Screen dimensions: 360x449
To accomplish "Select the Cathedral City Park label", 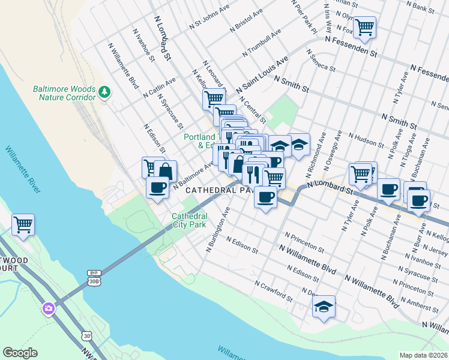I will [x=189, y=220].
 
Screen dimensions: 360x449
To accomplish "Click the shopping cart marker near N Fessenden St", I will [x=364, y=27].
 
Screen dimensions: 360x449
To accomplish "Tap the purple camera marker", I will [x=48, y=308].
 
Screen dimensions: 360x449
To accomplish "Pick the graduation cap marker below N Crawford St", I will [x=324, y=307].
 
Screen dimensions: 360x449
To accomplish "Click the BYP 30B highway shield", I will [x=93, y=278].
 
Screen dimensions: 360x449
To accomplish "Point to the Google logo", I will [x=21, y=352].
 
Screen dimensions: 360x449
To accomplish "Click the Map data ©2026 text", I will [x=423, y=355].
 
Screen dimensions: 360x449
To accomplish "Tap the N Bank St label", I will [x=424, y=8].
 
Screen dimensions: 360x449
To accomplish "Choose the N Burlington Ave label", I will [x=218, y=230].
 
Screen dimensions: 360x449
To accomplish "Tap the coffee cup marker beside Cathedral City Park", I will [x=157, y=188].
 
